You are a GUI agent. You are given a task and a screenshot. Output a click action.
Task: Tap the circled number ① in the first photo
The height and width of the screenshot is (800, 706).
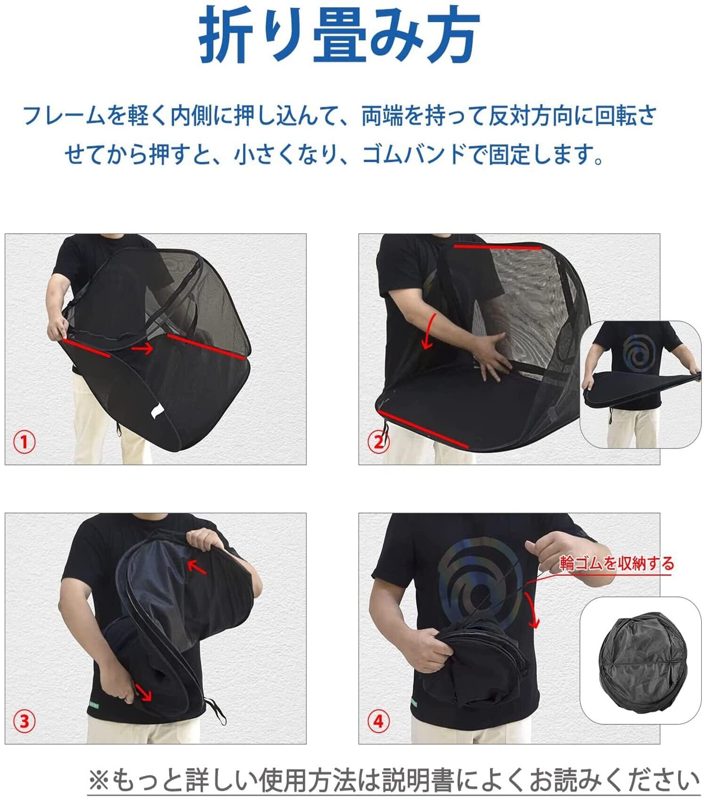[x=24, y=442]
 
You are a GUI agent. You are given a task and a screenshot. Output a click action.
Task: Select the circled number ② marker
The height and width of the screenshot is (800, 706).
[x=378, y=442]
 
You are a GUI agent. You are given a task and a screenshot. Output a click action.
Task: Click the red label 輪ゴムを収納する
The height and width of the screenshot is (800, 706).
[x=617, y=563]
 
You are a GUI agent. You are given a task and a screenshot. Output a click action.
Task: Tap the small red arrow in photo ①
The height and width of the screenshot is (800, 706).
[x=142, y=349]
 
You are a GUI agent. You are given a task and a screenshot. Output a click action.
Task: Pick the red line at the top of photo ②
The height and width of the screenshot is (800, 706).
[x=497, y=247]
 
